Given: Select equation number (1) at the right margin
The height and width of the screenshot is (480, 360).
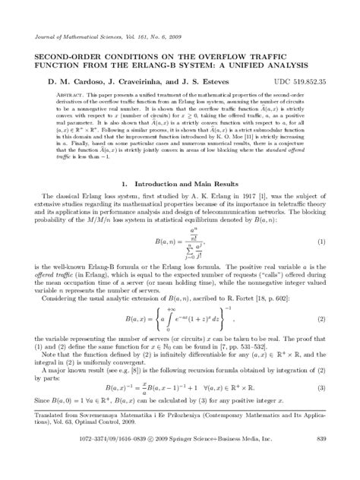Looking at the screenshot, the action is point(321,242).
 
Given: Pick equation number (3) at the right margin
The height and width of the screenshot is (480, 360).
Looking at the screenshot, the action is point(321,388).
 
